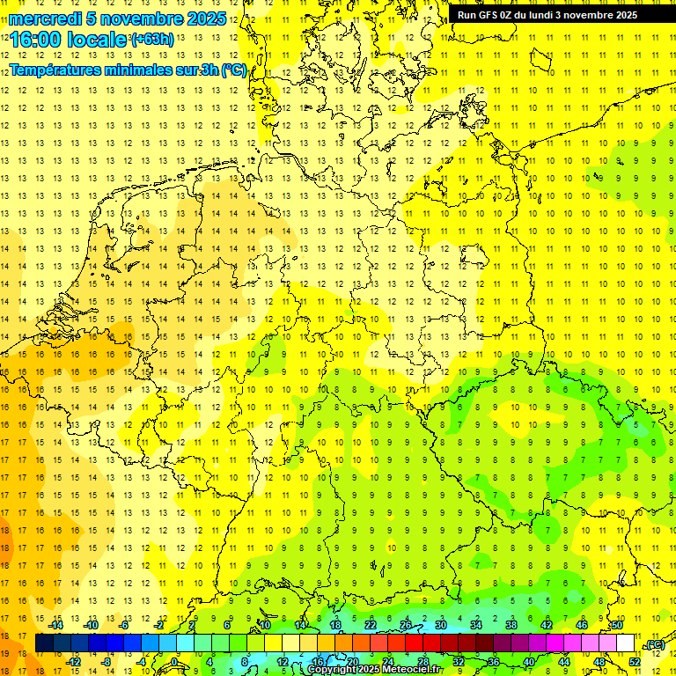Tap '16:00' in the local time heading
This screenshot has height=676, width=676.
pyautogui.click(x=34, y=40)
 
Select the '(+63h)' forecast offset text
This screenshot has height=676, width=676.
pyautogui.click(x=151, y=39)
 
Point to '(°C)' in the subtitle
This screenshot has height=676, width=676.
pyautogui.click(x=233, y=70)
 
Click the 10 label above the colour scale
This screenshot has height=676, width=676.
pyautogui.click(x=264, y=625)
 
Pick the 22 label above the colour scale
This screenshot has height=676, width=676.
pyautogui.click(x=371, y=625)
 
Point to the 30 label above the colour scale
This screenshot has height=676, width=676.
pyautogui.click(x=440, y=625)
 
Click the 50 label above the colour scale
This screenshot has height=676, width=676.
pyautogui.click(x=616, y=625)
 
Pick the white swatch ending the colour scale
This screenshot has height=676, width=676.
pyautogui.click(x=625, y=643)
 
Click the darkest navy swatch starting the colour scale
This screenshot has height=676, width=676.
pyautogui.click(x=44, y=643)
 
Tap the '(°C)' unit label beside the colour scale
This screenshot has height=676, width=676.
pyautogui.click(x=655, y=644)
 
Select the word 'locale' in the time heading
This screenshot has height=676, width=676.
pyautogui.click(x=99, y=40)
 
